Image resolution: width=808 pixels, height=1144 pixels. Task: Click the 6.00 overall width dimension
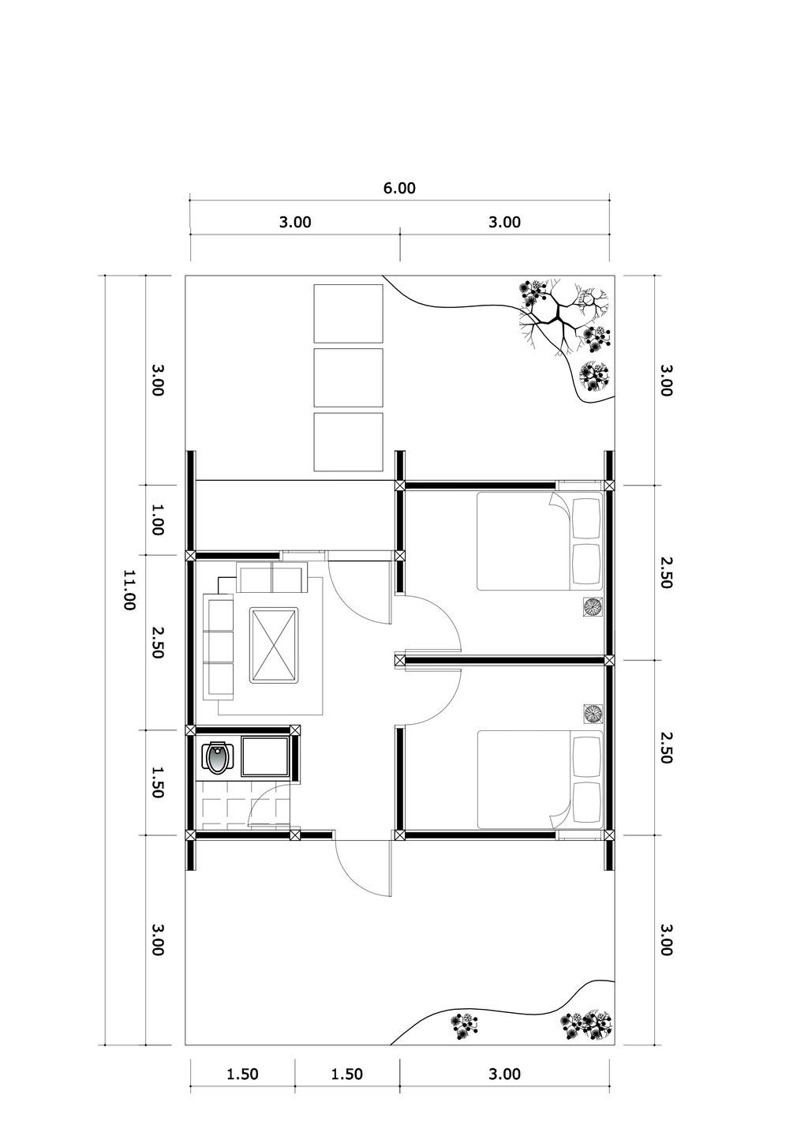pyautogui.click(x=400, y=188)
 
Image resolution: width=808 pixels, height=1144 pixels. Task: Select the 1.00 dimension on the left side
pyautogui.click(x=157, y=519)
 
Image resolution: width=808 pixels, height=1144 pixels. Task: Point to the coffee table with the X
pyautogui.click(x=274, y=644)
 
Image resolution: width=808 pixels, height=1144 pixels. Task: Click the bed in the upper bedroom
pyautogui.click(x=540, y=541)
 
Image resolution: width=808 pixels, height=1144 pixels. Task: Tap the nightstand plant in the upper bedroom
pyautogui.click(x=593, y=607)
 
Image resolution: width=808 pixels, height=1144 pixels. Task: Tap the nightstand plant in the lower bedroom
pyautogui.click(x=593, y=714)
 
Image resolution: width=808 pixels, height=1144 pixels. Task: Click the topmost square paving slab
pyautogui.click(x=348, y=313)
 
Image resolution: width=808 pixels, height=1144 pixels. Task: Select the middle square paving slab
pyautogui.click(x=348, y=378)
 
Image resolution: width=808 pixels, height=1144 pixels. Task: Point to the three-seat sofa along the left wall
pyautogui.click(x=219, y=647)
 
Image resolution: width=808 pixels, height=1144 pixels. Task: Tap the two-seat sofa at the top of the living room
pyautogui.click(x=272, y=577)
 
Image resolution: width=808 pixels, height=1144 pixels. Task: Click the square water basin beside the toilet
pyautogui.click(x=265, y=756)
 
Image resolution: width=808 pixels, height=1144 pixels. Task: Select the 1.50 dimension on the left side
pyautogui.click(x=157, y=782)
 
